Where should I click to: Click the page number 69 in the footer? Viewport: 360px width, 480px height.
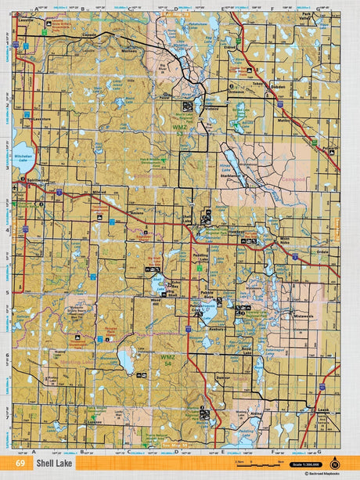click(31, 464)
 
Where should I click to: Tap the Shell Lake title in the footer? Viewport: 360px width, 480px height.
click(63, 464)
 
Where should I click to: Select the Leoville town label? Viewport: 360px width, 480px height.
click(28, 21)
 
